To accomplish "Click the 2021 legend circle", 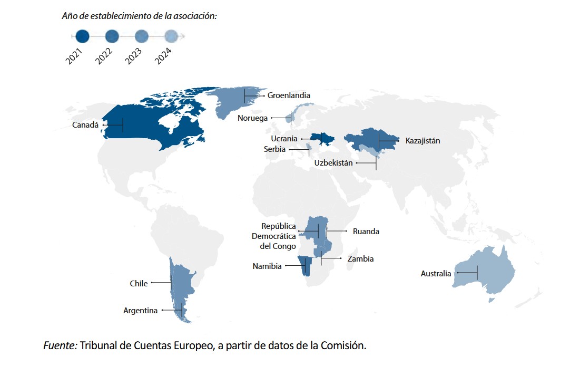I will pos(83,36).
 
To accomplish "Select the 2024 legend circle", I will pos(172,36).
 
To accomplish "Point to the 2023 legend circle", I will pos(142,36).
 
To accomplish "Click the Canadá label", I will pos(85,126).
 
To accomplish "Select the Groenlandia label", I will pos(289,95).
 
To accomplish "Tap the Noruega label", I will pos(252,118).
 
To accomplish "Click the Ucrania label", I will pos(284,139).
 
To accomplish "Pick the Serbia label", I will pos(274,149).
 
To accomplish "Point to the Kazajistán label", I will pos(422,141).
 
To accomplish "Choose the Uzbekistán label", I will pos(333,163).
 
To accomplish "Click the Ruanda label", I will pos(366,232).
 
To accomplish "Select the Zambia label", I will pos(360,259).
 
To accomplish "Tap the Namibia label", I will pos(267,266).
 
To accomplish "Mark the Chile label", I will pos(139,284).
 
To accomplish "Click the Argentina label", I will pos(140,311).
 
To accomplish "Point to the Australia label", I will pos(436,273).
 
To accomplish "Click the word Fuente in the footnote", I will pos(60,346).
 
